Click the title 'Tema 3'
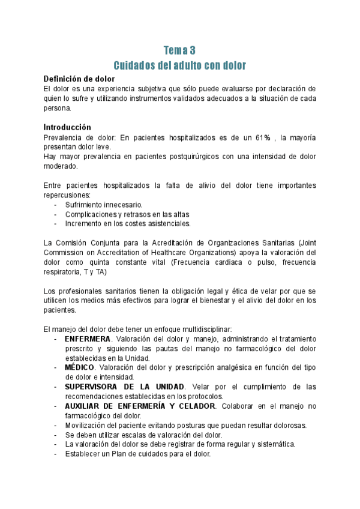(180, 50)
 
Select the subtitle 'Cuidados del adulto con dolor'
(180, 65)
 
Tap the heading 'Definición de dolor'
(80, 79)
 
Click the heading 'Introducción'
(67, 127)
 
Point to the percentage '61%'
(262, 137)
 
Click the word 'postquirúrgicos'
(183, 157)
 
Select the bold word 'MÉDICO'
(79, 367)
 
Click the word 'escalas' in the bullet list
(131, 435)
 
